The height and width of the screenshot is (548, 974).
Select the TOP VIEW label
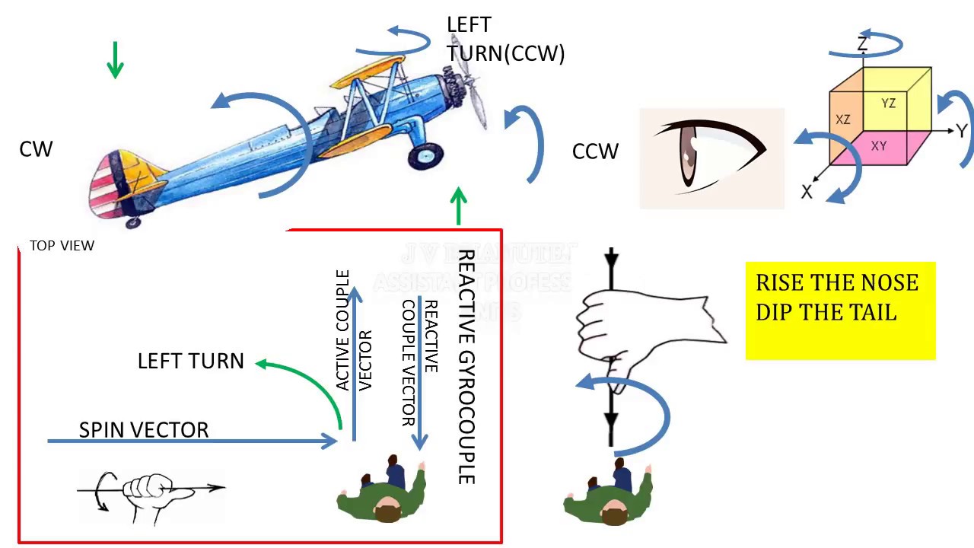point(62,246)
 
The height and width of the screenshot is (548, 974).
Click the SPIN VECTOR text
point(144,430)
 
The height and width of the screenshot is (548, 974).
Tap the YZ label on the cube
point(888,104)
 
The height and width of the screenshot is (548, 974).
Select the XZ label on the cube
point(843,119)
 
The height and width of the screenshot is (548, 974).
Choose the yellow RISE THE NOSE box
point(840,311)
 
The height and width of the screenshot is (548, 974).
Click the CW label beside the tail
point(36,149)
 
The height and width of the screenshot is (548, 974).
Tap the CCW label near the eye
point(595,152)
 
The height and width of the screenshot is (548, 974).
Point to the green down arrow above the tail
point(115,60)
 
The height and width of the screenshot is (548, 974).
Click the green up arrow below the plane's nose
point(458,206)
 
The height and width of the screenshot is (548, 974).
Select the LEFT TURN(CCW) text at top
point(505,40)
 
